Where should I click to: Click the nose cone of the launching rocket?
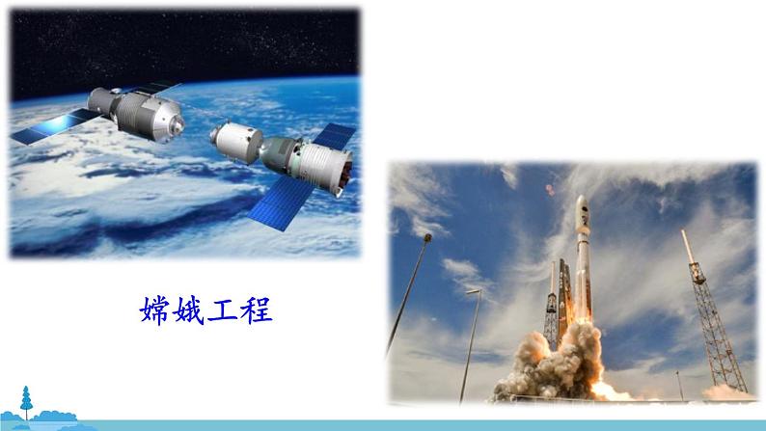click(x=582, y=204)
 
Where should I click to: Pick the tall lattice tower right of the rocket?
click(x=709, y=309)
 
